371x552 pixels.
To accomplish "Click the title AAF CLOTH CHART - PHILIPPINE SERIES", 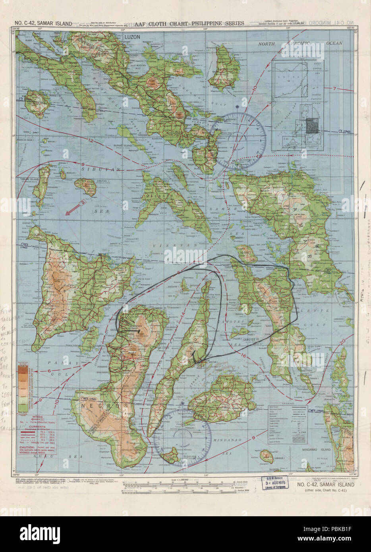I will pos(189,23).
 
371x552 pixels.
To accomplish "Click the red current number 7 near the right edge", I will pos(334,88).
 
